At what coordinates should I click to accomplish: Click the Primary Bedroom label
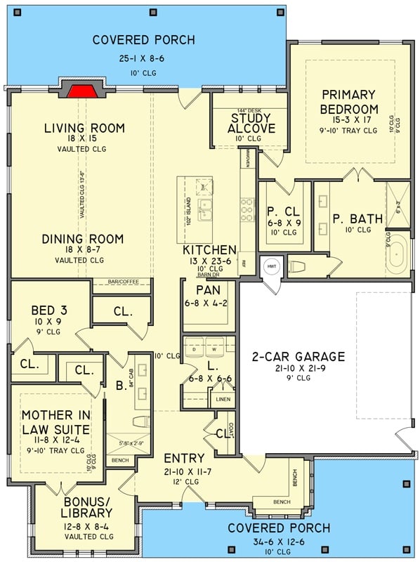[x=348, y=102]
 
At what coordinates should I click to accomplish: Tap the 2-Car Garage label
[x=298, y=356]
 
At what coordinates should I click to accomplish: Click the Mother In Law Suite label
[x=55, y=423]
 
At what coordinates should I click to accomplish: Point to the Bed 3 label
[x=48, y=311]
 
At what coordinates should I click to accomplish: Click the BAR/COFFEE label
[x=121, y=282]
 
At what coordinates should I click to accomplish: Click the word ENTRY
[x=185, y=459]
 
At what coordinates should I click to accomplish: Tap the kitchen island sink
[x=205, y=209]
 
